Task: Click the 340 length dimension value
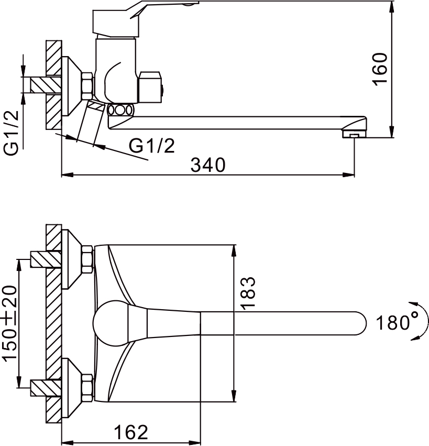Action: pos(208,165)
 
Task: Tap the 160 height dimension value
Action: pos(380,69)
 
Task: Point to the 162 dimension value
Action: pos(131,432)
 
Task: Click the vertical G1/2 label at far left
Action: pos(12,132)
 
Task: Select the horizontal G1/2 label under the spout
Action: pos(152,146)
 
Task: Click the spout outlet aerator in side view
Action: pos(354,134)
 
